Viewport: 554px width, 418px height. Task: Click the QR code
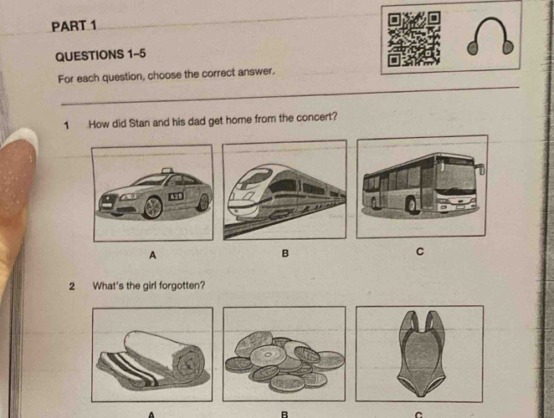(413, 39)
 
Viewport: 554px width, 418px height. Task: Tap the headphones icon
(490, 36)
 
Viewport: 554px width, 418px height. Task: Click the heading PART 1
(74, 26)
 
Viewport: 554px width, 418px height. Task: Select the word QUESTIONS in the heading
(90, 56)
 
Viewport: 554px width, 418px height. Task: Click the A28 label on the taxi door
(176, 196)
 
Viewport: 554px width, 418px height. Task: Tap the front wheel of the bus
(411, 204)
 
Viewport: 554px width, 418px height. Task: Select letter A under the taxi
(152, 254)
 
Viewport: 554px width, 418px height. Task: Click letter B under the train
(285, 253)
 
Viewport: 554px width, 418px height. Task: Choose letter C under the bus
(419, 252)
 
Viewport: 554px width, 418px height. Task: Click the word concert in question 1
(316, 117)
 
